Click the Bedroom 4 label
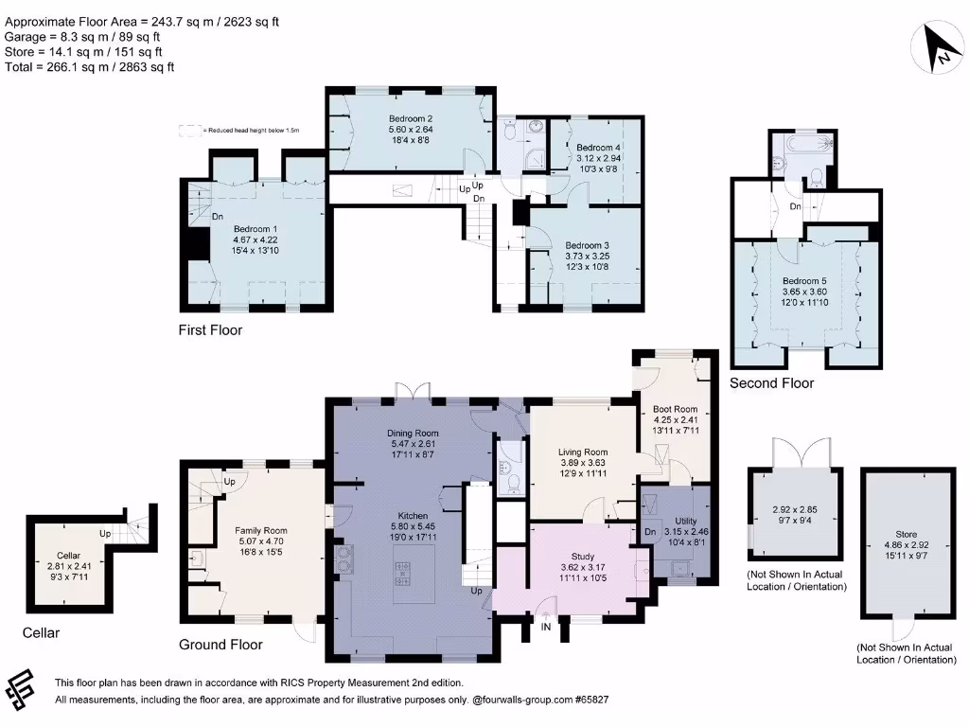tap(599, 148)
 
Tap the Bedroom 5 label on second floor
tap(804, 281)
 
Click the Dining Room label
tap(413, 434)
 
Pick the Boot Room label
tap(675, 410)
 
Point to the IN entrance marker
tap(546, 626)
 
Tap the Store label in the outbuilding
tap(906, 534)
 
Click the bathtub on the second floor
tap(803, 143)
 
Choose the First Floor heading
tap(210, 330)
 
